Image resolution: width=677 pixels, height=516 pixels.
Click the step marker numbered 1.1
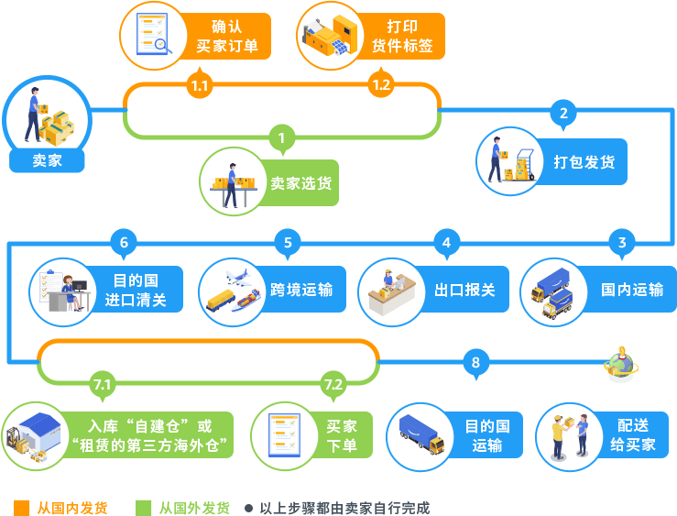pyautogui.click(x=199, y=86)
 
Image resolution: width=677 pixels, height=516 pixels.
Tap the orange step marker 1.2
pyautogui.click(x=381, y=85)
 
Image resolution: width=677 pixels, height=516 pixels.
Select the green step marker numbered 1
pyautogui.click(x=282, y=139)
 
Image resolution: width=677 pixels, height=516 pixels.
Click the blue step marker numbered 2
pyautogui.click(x=563, y=114)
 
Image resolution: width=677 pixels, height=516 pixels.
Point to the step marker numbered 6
pyautogui.click(x=124, y=243)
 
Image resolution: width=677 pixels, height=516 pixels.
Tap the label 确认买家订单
pyautogui.click(x=227, y=36)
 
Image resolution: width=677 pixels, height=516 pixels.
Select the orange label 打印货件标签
pyautogui.click(x=402, y=36)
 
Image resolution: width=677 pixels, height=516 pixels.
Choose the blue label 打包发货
pyautogui.click(x=584, y=162)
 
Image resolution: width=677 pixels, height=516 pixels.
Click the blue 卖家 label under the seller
pyautogui.click(x=46, y=160)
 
